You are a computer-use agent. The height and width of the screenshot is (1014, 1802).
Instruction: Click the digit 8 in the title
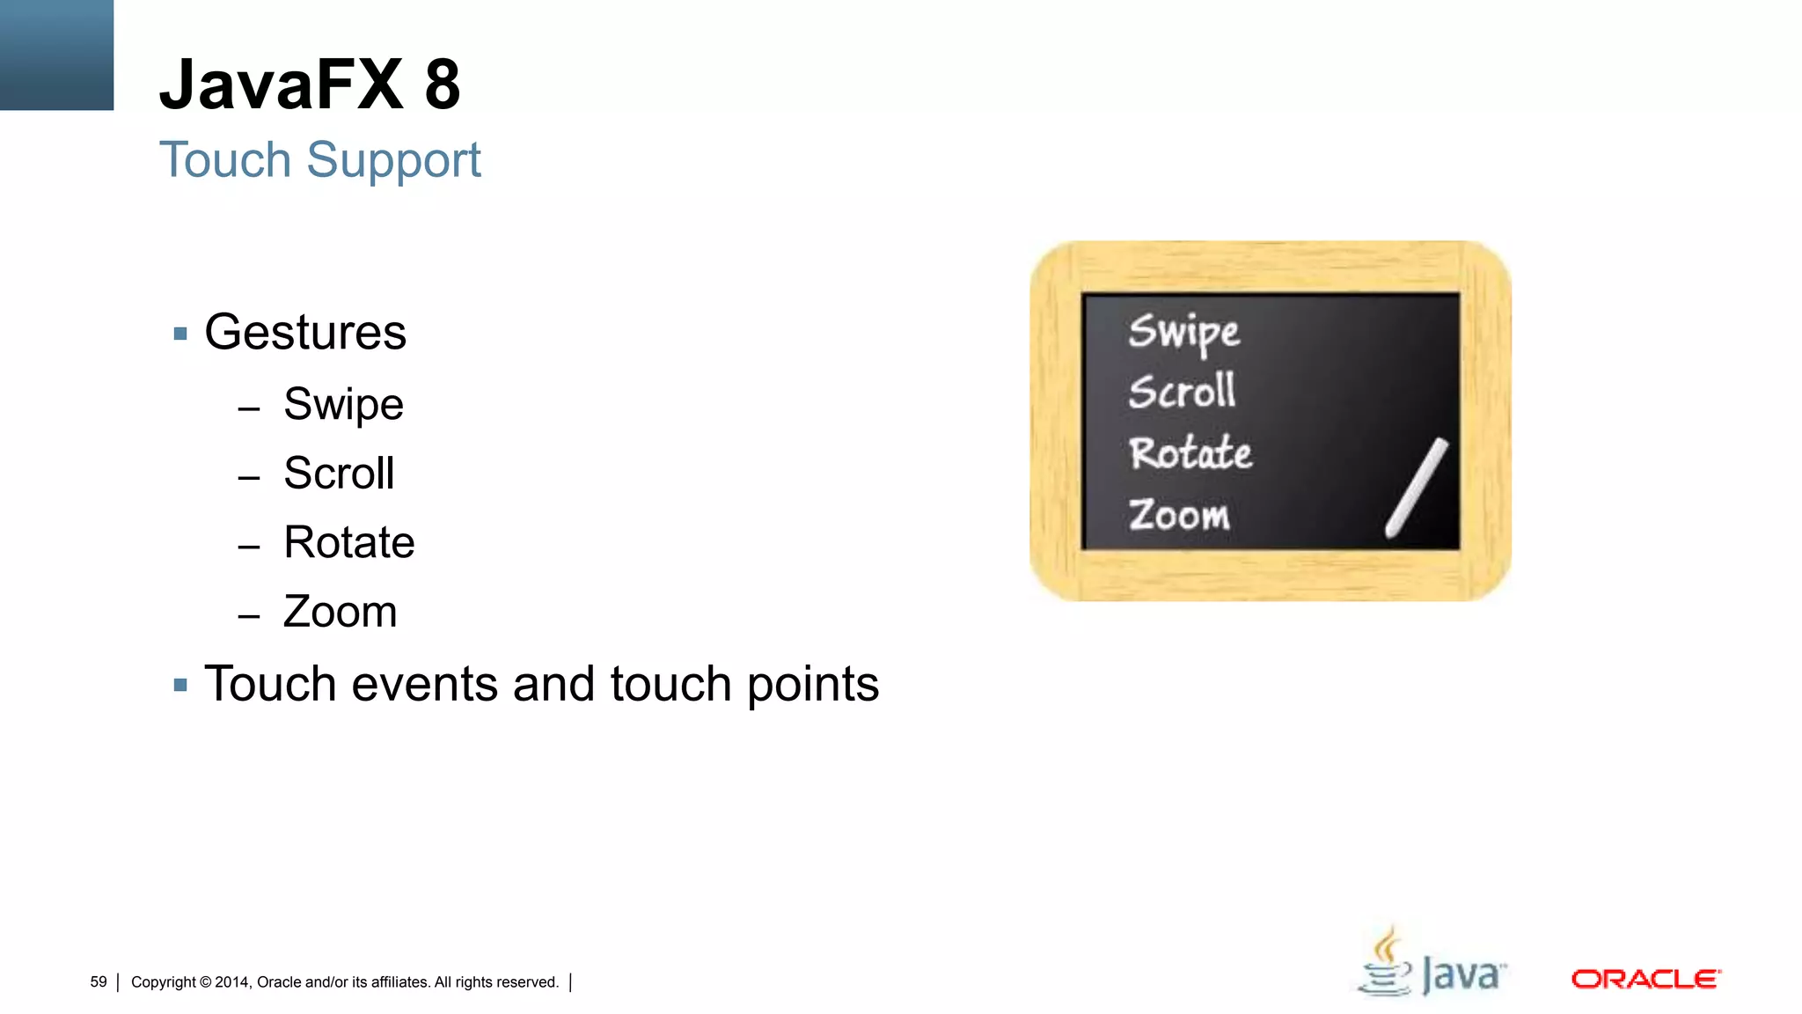[442, 85]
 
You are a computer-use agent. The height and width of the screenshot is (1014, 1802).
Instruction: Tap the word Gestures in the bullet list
[305, 333]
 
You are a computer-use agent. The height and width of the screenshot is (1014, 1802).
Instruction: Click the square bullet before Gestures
[180, 334]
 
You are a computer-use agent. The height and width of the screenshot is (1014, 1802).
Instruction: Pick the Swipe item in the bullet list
[343, 405]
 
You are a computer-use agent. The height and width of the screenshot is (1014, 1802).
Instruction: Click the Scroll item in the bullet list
[339, 474]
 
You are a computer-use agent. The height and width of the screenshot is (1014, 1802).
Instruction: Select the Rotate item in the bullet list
[348, 542]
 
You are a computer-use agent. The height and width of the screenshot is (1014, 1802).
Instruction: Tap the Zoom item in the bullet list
[340, 612]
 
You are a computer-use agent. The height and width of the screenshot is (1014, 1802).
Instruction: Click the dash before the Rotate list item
[249, 547]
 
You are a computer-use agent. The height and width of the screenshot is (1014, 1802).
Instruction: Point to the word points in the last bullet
[812, 686]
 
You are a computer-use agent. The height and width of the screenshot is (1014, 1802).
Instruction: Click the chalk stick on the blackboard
[1416, 488]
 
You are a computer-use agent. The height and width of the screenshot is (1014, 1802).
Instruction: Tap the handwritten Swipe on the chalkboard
[1183, 333]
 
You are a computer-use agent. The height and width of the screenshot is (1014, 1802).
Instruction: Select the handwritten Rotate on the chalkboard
[1190, 453]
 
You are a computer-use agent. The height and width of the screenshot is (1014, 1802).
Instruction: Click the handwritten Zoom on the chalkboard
[1179, 515]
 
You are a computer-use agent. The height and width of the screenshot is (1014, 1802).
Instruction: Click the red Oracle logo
[1645, 979]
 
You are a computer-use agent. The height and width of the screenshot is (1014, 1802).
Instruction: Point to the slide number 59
[99, 981]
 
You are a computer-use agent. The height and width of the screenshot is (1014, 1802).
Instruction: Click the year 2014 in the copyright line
[232, 982]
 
